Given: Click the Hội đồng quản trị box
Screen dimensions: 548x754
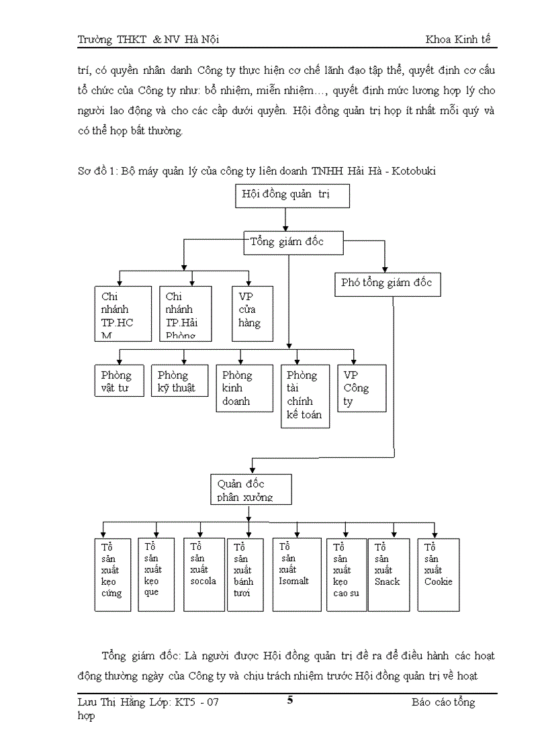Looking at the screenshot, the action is [x=292, y=195].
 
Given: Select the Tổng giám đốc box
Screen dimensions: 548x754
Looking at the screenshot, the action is [x=293, y=242].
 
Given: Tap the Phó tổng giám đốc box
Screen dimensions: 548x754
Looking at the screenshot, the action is [x=386, y=283].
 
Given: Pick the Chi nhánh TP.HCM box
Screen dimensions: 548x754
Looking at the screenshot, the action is [x=123, y=313].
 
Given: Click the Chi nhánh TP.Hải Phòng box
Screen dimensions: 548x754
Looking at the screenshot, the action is [x=185, y=313].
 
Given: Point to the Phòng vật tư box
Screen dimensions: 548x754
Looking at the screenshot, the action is [x=118, y=381].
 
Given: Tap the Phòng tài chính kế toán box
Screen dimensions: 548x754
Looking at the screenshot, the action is [x=305, y=396].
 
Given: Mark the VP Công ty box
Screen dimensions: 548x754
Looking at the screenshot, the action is [x=361, y=388].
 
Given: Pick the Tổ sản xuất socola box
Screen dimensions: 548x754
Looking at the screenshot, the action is [x=203, y=575].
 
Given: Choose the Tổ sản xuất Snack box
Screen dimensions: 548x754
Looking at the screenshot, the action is [x=389, y=575].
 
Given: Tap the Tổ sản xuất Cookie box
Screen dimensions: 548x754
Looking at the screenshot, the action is [x=439, y=575].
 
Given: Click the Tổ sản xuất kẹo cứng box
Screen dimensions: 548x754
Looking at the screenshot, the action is [x=112, y=575].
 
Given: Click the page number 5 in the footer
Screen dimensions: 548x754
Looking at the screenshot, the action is [x=290, y=701].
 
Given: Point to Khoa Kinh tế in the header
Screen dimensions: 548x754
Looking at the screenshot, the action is [x=458, y=40].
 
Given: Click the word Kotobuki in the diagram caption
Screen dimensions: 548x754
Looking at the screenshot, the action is [x=412, y=171].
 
